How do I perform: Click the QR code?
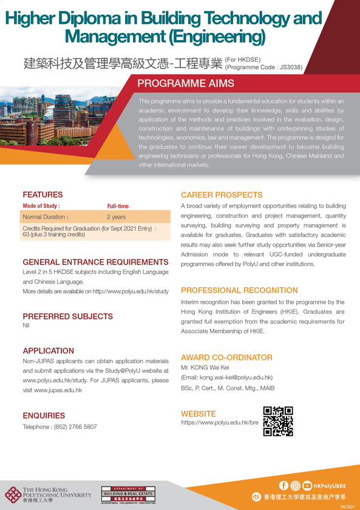coord(278,421)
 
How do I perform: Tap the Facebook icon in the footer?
coord(284,485)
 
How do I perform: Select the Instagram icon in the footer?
coord(295,485)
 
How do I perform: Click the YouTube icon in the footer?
coord(307,485)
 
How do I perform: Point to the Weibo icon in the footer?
coord(256,496)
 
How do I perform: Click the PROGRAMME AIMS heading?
coord(186,84)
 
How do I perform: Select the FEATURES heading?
coord(42,195)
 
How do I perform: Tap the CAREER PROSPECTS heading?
coord(222,195)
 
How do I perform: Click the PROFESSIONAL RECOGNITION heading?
coord(239,290)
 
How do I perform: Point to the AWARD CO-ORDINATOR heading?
coord(226,358)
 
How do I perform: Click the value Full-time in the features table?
coord(118,206)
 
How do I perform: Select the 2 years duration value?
coord(116,217)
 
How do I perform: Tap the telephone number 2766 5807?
coord(77,427)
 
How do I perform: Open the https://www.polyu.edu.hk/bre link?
coord(220,421)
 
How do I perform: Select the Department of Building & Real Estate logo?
coord(129,494)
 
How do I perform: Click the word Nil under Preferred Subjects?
coord(25,325)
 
